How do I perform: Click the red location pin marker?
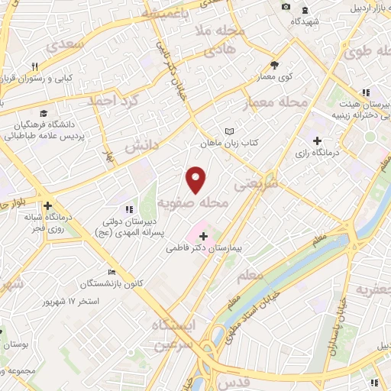[x=197, y=179]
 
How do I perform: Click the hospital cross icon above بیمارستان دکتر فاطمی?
[x=203, y=237]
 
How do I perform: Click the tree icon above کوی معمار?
[x=275, y=66]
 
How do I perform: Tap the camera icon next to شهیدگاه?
[x=286, y=7]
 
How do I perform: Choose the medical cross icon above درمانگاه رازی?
[x=317, y=141]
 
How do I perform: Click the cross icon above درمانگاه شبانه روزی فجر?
[x=48, y=205]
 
